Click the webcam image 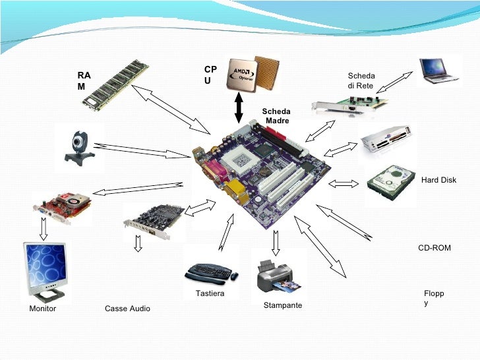[x=81, y=146]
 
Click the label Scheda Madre [x=276, y=116]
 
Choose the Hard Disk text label [x=438, y=180]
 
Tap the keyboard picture [x=210, y=271]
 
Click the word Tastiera [x=210, y=293]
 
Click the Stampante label [x=282, y=305]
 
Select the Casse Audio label [x=127, y=309]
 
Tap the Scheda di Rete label [x=361, y=81]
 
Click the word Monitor [x=43, y=309]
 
